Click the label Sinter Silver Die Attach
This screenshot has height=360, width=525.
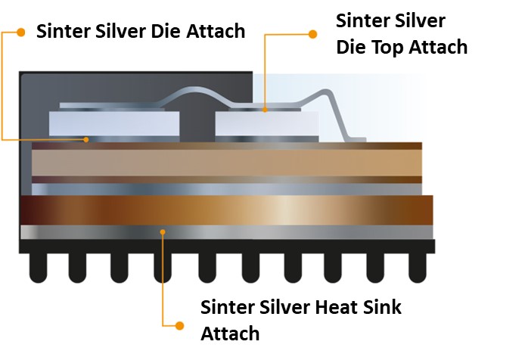click(x=141, y=32)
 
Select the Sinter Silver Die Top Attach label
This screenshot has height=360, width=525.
click(x=401, y=33)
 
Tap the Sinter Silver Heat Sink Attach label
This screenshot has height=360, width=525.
click(x=300, y=319)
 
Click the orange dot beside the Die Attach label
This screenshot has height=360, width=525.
click(x=21, y=32)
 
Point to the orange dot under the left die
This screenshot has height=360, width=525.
click(x=89, y=139)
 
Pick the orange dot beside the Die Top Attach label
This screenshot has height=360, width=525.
click(x=312, y=33)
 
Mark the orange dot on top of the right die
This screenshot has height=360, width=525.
click(x=265, y=110)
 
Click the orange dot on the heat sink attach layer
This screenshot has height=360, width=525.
click(x=163, y=231)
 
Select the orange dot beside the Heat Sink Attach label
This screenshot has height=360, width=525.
click(x=180, y=325)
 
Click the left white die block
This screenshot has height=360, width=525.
click(x=113, y=123)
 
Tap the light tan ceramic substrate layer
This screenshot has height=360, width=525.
click(x=227, y=163)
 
